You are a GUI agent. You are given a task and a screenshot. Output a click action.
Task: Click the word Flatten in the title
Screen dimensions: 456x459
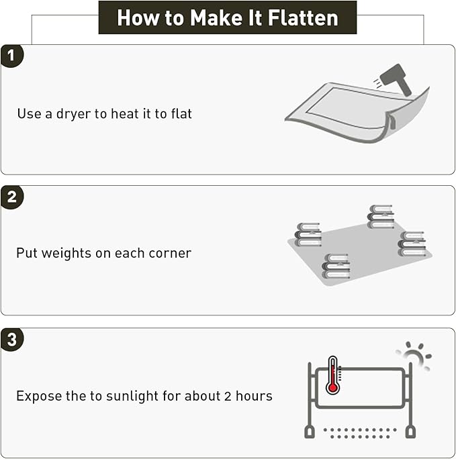pos(303,18)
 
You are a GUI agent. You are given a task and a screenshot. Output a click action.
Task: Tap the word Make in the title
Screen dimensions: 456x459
pos(216,18)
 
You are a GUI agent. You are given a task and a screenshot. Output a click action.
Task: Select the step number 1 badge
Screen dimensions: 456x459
pos(11,56)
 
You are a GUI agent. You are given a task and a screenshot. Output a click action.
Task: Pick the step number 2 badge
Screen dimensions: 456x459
pos(11,197)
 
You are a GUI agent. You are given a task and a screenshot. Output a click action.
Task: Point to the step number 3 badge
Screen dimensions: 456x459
pos(11,340)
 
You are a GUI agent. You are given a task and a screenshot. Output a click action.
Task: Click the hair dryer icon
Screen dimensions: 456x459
pos(396,79)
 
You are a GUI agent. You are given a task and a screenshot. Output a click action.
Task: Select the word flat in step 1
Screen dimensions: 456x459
pos(182,113)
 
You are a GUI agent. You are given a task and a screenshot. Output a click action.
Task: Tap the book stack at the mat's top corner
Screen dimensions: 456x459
pos(380,217)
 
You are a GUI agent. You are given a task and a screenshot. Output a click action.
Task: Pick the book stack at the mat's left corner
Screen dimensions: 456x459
pos(308,234)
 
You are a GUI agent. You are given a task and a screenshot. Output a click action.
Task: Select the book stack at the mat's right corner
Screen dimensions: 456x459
pos(412,244)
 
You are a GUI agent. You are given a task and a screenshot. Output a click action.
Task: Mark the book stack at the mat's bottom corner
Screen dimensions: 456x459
pos(336,266)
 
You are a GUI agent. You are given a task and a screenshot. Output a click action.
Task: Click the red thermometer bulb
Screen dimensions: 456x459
pos(332,388)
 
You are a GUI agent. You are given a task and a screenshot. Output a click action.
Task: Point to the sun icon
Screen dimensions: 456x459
pos(414,356)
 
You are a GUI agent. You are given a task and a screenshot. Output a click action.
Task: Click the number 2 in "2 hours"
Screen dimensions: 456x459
pos(228,396)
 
